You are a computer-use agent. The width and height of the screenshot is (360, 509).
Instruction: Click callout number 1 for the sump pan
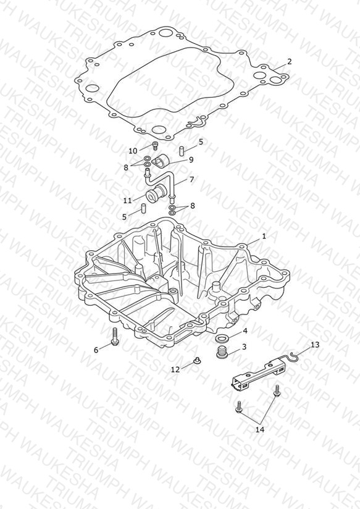coord(264,236)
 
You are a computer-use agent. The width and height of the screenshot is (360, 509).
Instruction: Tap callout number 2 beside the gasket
coord(289,61)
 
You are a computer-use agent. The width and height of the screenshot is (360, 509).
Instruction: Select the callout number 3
coord(244,347)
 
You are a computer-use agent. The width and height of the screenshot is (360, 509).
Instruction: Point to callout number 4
coord(245,330)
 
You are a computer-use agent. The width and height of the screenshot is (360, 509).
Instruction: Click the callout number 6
coord(96,350)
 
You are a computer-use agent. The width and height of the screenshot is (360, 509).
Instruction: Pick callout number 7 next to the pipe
coord(191,179)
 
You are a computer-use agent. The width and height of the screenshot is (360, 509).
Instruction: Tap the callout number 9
coord(191,160)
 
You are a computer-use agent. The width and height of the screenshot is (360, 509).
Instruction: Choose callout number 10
coord(133,151)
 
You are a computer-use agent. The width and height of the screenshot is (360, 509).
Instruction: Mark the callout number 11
coord(127,201)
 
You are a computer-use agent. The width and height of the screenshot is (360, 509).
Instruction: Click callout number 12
coord(175,369)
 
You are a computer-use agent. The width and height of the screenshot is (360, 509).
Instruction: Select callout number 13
coord(315,345)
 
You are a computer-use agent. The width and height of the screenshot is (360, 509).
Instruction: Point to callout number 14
coord(260,429)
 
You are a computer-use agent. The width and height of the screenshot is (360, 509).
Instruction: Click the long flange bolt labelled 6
coord(115,337)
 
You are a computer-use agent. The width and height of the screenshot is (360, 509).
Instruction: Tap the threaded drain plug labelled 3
coord(222,352)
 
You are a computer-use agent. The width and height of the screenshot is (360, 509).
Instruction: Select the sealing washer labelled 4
coord(223,339)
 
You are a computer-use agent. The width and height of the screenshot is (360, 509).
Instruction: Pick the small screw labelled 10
coord(155,146)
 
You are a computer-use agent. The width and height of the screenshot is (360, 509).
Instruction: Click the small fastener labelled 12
coord(196,360)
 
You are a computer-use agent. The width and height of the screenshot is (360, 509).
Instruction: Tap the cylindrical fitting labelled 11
coord(154,193)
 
